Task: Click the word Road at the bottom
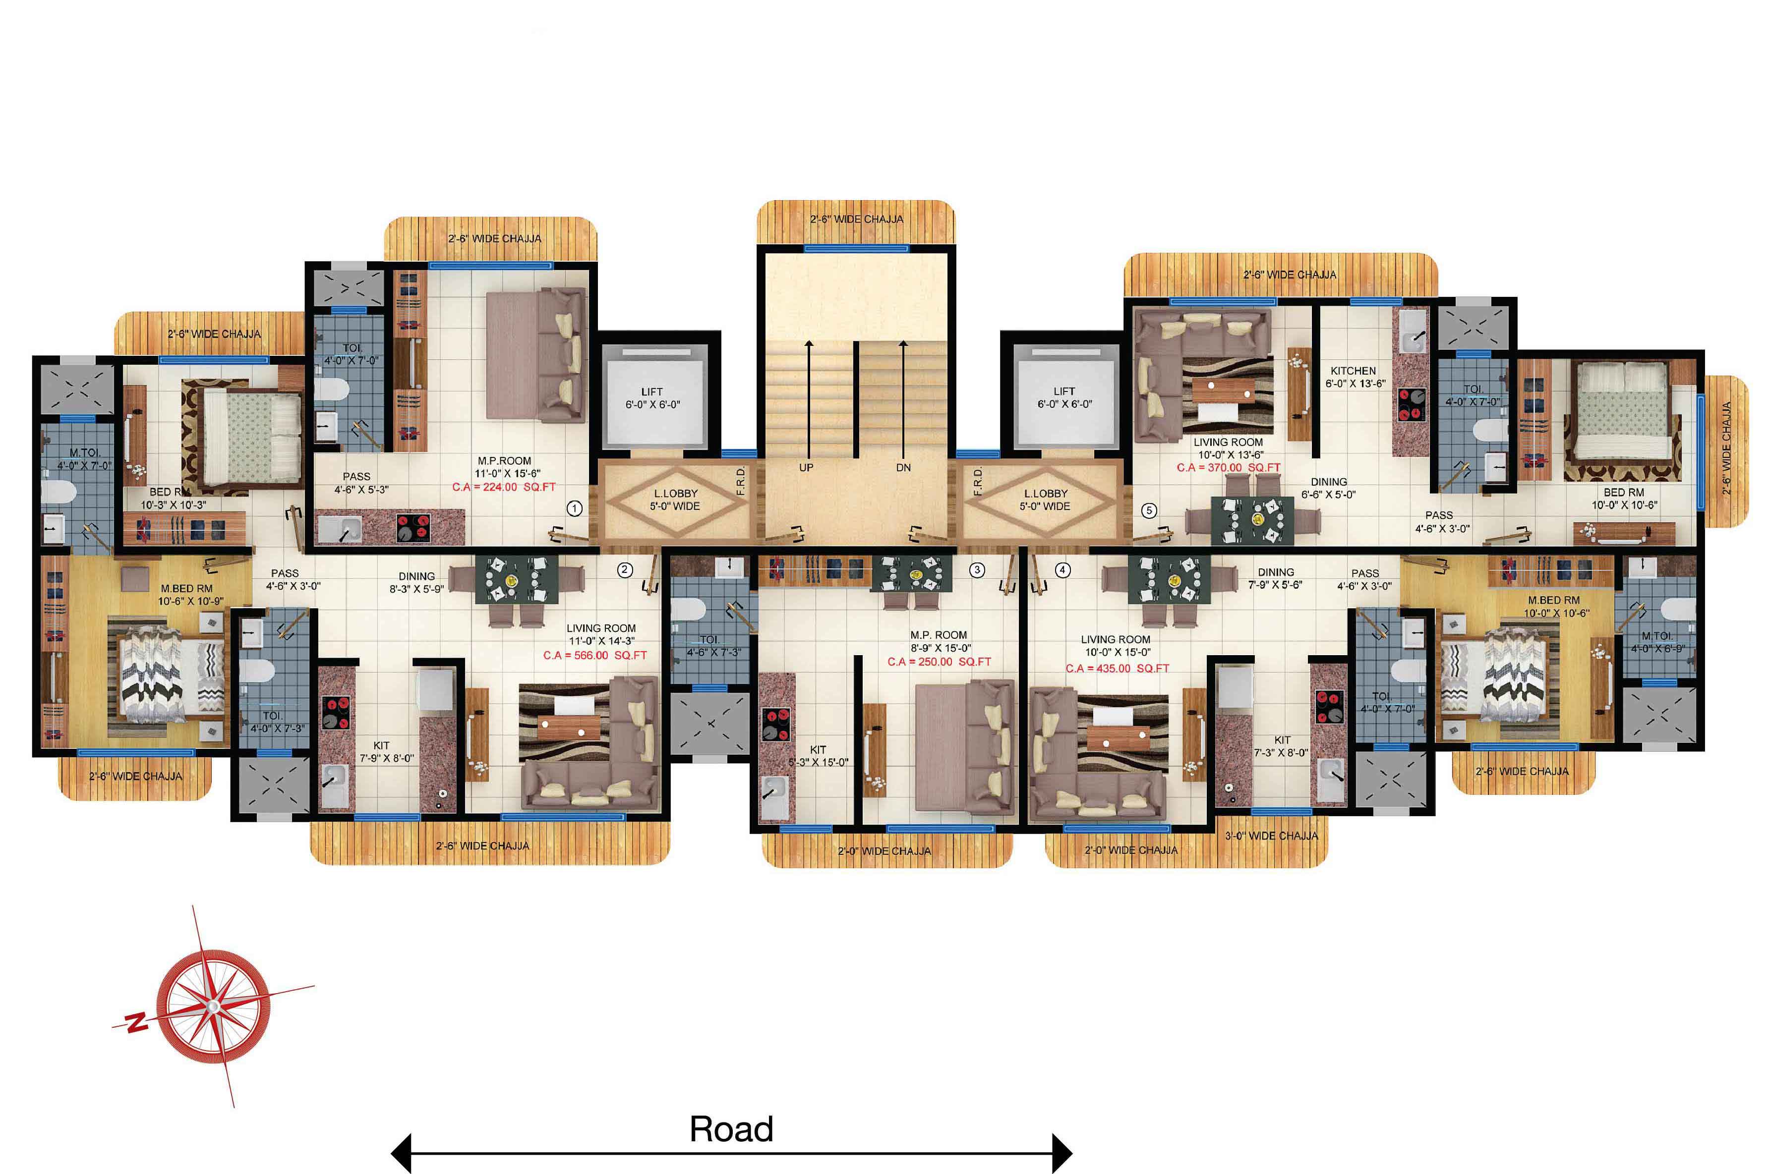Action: tap(731, 1129)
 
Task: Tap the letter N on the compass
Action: tap(136, 1021)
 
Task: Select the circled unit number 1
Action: tap(575, 508)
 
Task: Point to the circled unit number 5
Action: tap(1149, 510)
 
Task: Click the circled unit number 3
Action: tap(977, 570)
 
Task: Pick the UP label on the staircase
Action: tap(806, 467)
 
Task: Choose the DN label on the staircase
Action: tap(904, 467)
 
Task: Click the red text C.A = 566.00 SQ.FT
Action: tap(594, 655)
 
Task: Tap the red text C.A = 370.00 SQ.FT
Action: tap(1228, 467)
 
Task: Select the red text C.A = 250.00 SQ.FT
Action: tap(939, 662)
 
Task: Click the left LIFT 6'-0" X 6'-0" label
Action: tap(652, 397)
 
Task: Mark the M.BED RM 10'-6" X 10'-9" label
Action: tap(189, 595)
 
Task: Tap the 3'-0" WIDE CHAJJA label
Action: tap(1272, 836)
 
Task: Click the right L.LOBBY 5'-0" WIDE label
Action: tap(1046, 500)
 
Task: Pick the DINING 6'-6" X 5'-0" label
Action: tap(1329, 488)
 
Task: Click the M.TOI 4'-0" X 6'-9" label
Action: tap(1657, 642)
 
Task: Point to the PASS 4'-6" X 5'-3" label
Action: tap(361, 483)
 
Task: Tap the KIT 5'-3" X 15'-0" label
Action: tap(818, 755)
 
